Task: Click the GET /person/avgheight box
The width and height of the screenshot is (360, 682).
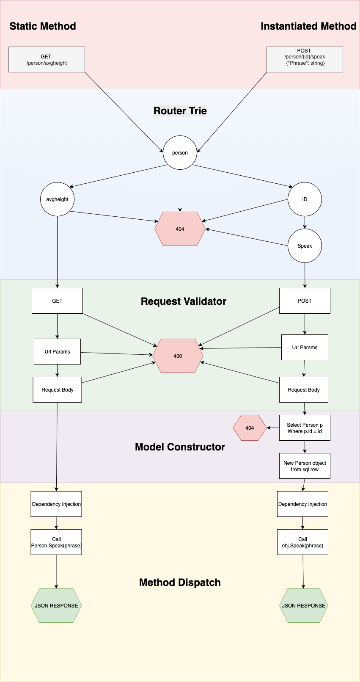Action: (47, 60)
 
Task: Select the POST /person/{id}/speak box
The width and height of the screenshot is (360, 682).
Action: (305, 60)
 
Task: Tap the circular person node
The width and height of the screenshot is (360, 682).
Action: (180, 152)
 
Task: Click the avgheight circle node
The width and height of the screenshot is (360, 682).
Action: (57, 199)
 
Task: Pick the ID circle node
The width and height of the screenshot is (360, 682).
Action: (305, 199)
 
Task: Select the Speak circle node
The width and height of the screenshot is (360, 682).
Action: (305, 246)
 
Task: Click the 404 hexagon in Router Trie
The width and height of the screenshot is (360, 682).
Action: (180, 229)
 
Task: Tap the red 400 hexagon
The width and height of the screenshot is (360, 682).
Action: (178, 356)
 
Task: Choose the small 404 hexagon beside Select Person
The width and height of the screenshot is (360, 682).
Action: (250, 428)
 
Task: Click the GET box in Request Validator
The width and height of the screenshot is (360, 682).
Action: (57, 301)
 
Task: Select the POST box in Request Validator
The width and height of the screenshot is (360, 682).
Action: (305, 301)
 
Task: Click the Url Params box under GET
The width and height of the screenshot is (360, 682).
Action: (57, 351)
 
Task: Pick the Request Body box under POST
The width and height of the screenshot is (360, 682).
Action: (303, 389)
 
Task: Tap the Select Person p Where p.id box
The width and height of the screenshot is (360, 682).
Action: (305, 428)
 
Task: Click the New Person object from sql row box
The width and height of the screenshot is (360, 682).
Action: (305, 466)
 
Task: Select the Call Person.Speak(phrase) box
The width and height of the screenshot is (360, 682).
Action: (56, 542)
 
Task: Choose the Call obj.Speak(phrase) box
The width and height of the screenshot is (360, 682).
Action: (302, 542)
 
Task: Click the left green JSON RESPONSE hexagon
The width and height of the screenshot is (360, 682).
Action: (56, 605)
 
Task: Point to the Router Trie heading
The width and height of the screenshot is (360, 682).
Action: (180, 111)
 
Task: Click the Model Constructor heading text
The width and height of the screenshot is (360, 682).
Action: (180, 447)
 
